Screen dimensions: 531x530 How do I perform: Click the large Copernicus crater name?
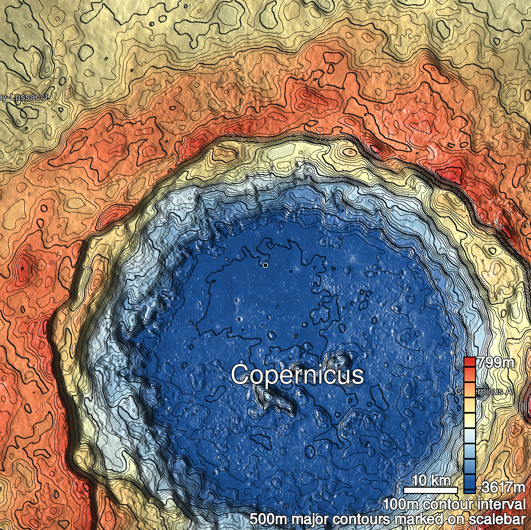[x=297, y=375]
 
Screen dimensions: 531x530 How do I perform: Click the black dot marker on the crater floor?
[x=265, y=265]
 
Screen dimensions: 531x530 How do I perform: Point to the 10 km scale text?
[x=431, y=481]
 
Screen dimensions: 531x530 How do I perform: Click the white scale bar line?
[x=431, y=490]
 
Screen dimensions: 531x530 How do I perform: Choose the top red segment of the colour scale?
[x=469, y=362]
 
